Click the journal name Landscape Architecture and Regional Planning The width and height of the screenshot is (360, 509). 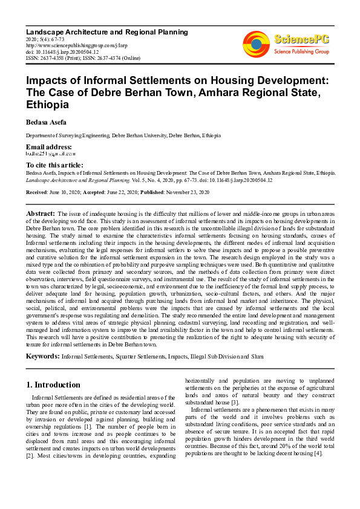tap(106, 32)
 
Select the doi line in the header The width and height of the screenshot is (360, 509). tap(62, 52)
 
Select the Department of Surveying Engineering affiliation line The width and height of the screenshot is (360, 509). tap(119, 135)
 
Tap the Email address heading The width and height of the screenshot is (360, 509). tap(48, 147)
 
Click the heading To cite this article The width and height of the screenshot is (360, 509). tap(54, 165)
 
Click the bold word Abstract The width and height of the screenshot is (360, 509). tap(41, 214)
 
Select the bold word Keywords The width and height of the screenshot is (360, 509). tap(42, 356)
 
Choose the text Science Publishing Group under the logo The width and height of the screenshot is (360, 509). tap(301, 52)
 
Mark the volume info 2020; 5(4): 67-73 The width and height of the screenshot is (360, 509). tap(47, 39)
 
